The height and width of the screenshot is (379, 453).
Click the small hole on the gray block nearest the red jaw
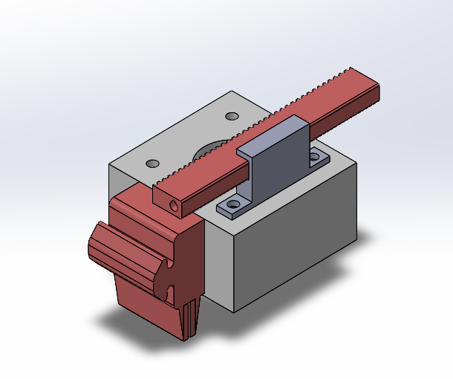152,163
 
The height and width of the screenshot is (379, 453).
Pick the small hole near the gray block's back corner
232,117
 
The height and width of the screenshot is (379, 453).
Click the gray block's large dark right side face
297,245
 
